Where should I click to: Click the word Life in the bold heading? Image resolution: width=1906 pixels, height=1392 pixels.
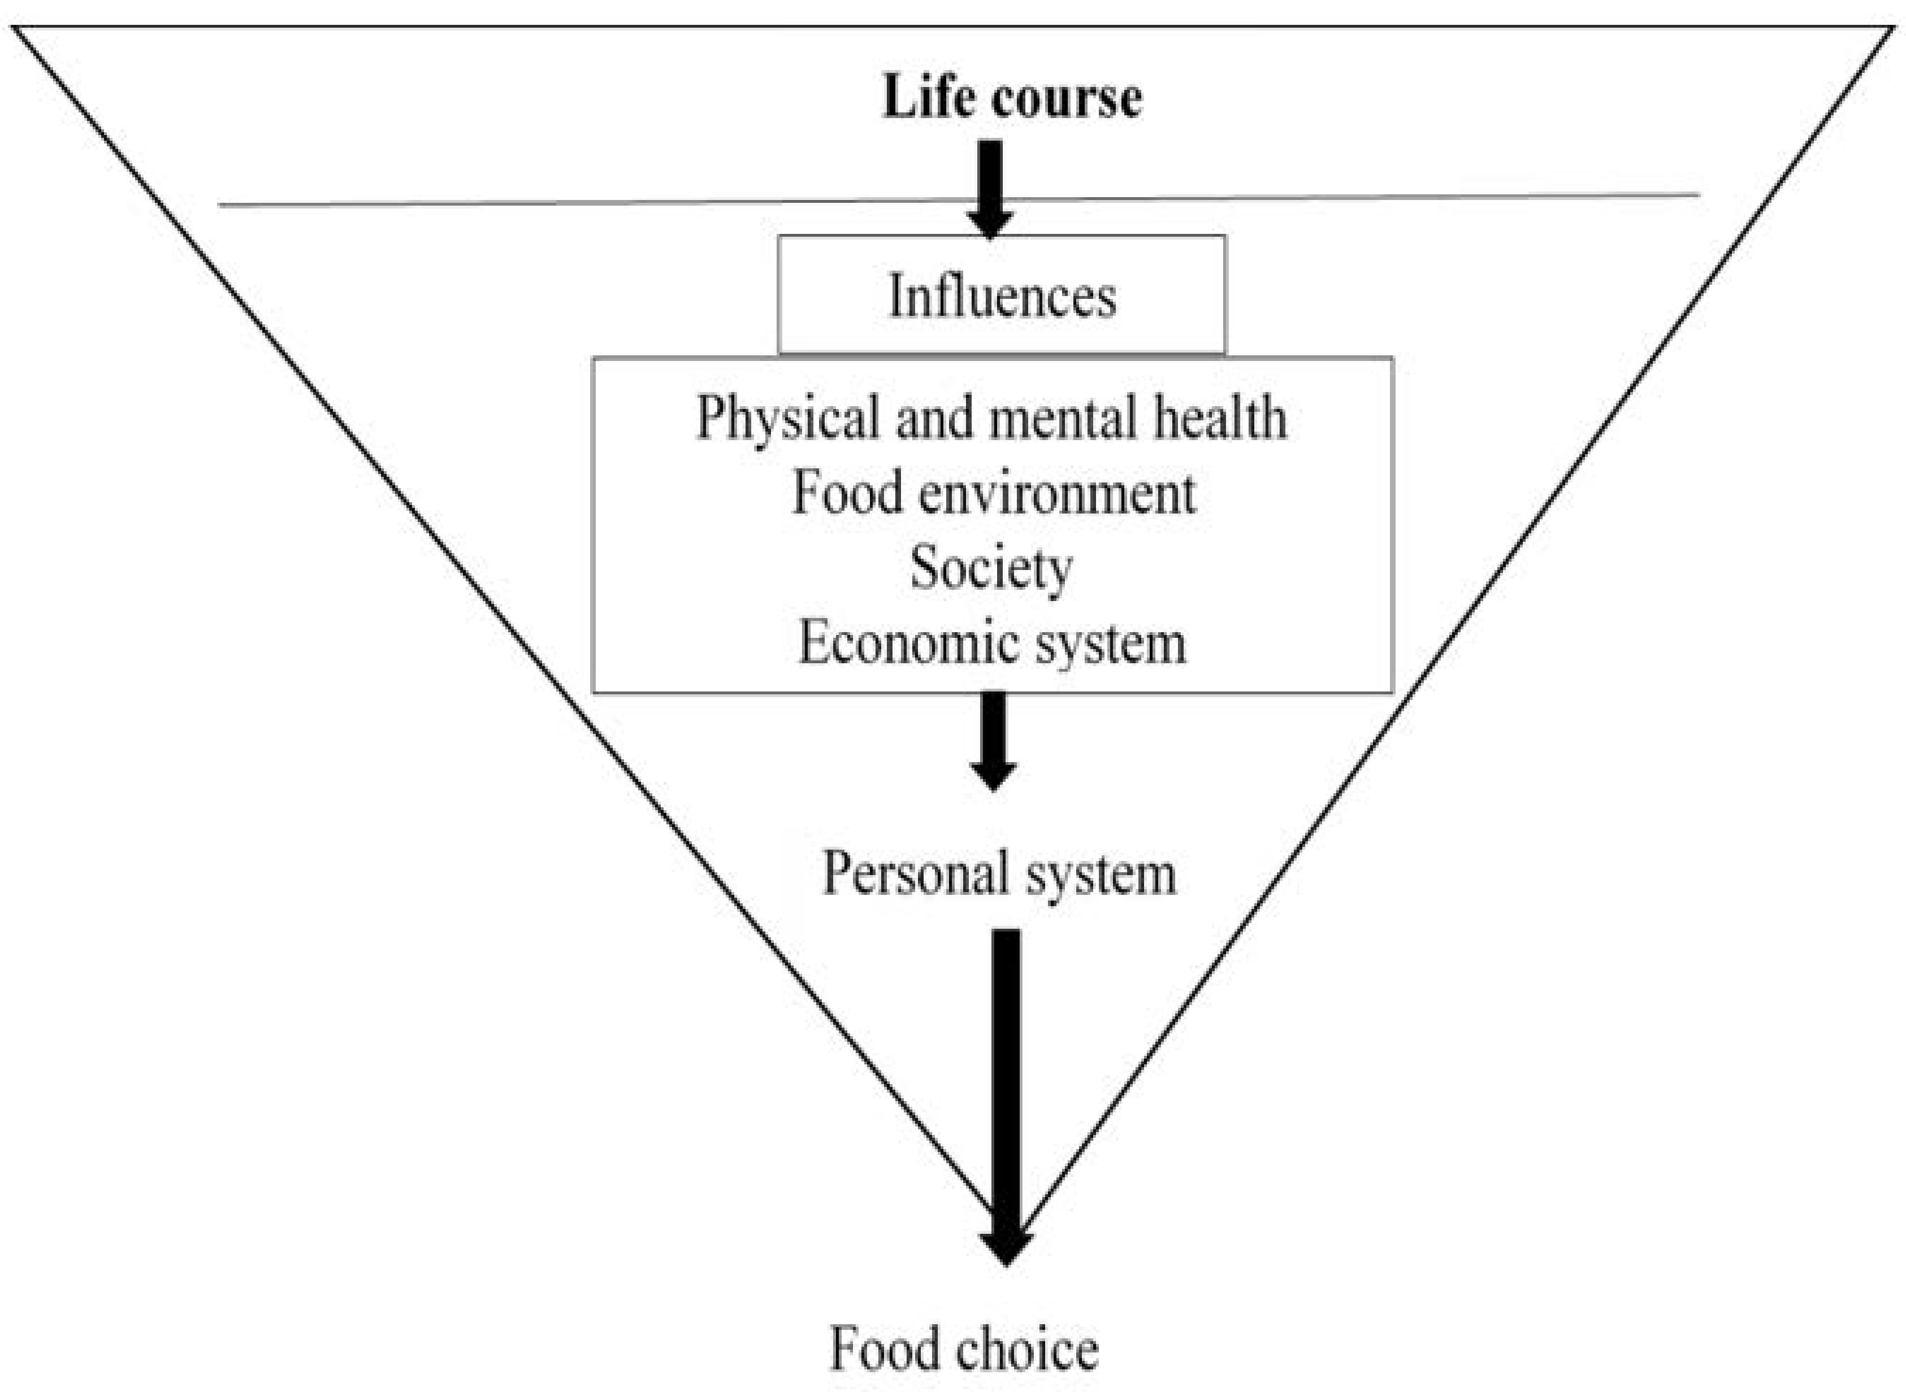pos(928,97)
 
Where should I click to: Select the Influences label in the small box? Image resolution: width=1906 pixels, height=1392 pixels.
pos(1002,296)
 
